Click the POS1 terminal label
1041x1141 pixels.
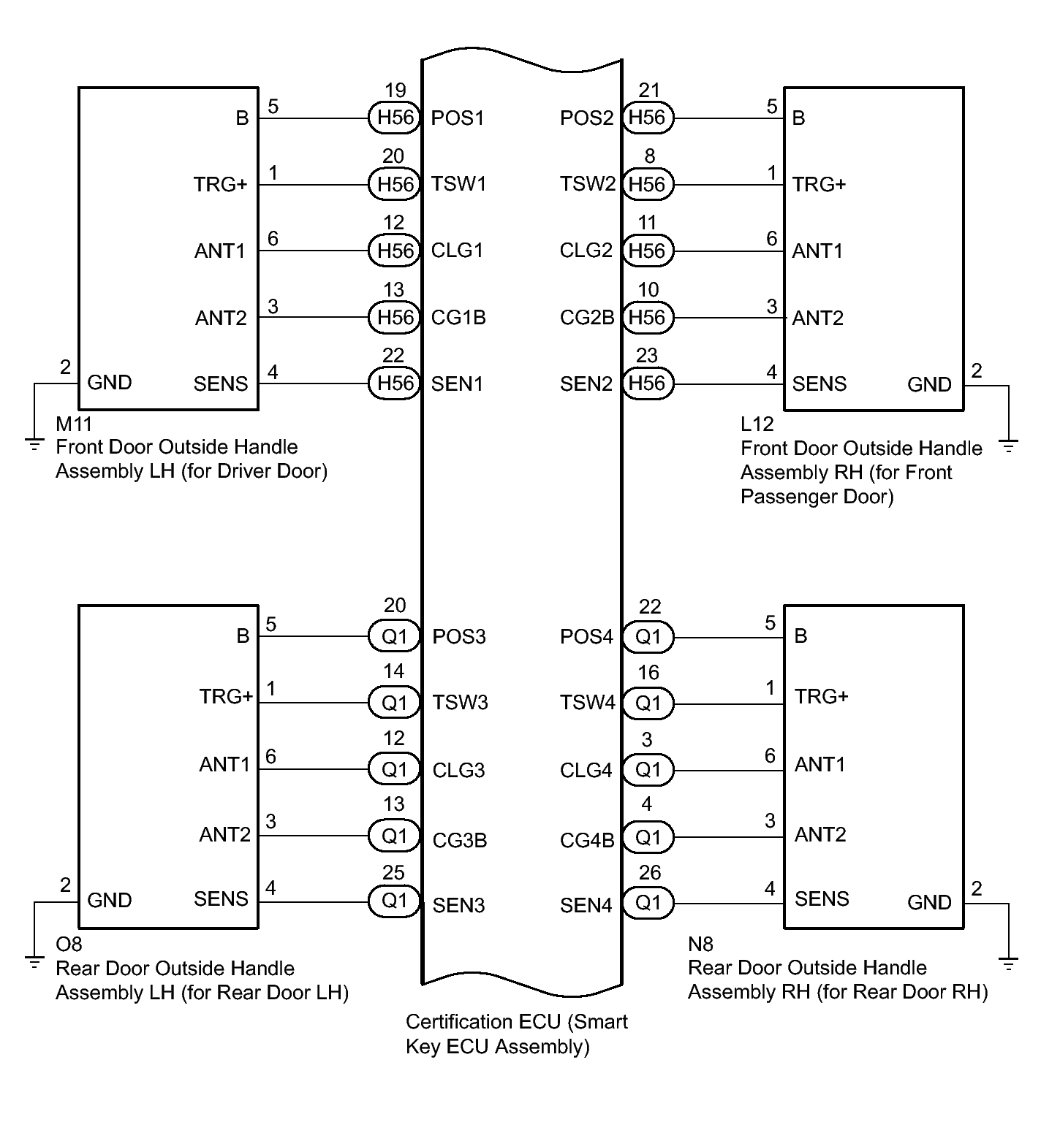pyautogui.click(x=458, y=118)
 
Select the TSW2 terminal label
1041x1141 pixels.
pyautogui.click(x=588, y=184)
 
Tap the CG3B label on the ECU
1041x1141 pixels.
pyautogui.click(x=459, y=840)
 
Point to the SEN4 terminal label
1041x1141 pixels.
pyautogui.click(x=586, y=906)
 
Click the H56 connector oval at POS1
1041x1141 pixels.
pyautogui.click(x=394, y=118)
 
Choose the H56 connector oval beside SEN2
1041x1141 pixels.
pyautogui.click(x=648, y=383)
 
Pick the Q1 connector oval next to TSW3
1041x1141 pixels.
pyautogui.click(x=394, y=703)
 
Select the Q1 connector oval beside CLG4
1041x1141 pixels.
pyautogui.click(x=648, y=770)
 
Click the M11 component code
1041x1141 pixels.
pyautogui.click(x=74, y=424)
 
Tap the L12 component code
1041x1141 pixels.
pyautogui.click(x=757, y=424)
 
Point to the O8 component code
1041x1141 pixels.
pyautogui.click(x=69, y=945)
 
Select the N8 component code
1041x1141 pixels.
pyautogui.click(x=700, y=945)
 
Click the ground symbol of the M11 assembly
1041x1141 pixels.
pyautogui.click(x=34, y=443)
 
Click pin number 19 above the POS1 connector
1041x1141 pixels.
pyautogui.click(x=395, y=91)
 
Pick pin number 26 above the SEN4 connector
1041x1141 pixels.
pyautogui.click(x=649, y=873)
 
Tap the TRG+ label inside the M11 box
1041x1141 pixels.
pyautogui.click(x=221, y=185)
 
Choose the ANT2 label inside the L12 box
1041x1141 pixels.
pyautogui.click(x=817, y=318)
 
